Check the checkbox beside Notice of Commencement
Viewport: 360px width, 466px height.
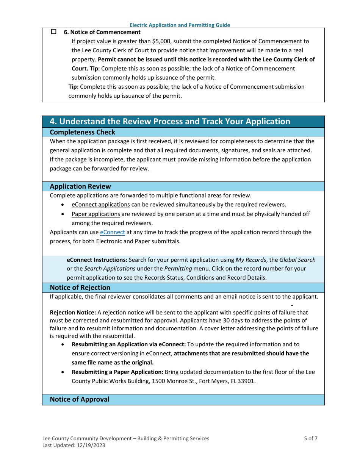point(53,32)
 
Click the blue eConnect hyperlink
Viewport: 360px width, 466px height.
point(112,232)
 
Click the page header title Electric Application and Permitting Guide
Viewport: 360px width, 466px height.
point(180,25)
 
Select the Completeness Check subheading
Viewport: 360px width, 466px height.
point(83,132)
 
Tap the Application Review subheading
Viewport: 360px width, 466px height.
point(80,186)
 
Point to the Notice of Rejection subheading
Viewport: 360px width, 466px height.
point(80,288)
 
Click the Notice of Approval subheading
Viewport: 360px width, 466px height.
point(80,399)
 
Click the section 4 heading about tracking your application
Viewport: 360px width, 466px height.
point(170,121)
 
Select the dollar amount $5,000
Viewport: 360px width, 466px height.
point(161,41)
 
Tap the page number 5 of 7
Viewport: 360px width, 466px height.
point(310,438)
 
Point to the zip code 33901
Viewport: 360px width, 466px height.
point(247,381)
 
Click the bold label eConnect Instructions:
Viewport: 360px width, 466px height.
point(97,260)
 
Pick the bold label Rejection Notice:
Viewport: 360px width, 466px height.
point(73,313)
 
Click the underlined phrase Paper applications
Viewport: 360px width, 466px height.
point(95,214)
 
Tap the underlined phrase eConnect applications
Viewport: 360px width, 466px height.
point(100,205)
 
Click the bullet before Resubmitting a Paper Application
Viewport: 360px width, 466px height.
point(63,372)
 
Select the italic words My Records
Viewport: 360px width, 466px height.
point(250,260)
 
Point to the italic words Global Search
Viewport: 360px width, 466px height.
point(297,260)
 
